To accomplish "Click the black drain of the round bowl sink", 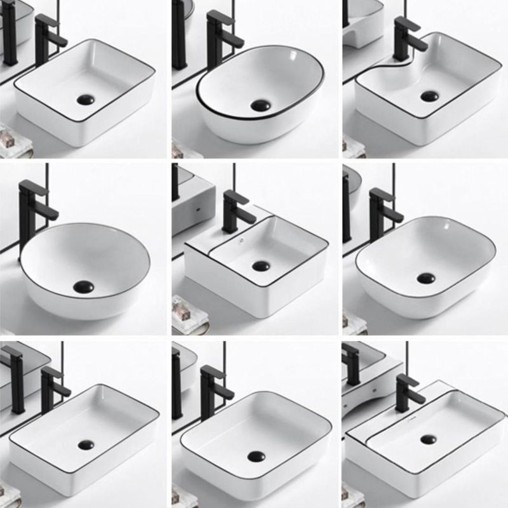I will pos(83,287).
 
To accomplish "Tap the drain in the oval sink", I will pos(260,105).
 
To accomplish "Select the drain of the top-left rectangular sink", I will pos(85,99).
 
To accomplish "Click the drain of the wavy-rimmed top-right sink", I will pos(429,97).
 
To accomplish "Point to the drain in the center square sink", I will pos(260,266).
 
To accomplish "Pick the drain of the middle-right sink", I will pos(426,277).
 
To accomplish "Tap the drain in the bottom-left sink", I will pos(86,444).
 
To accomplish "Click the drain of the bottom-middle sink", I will pos(257,456).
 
